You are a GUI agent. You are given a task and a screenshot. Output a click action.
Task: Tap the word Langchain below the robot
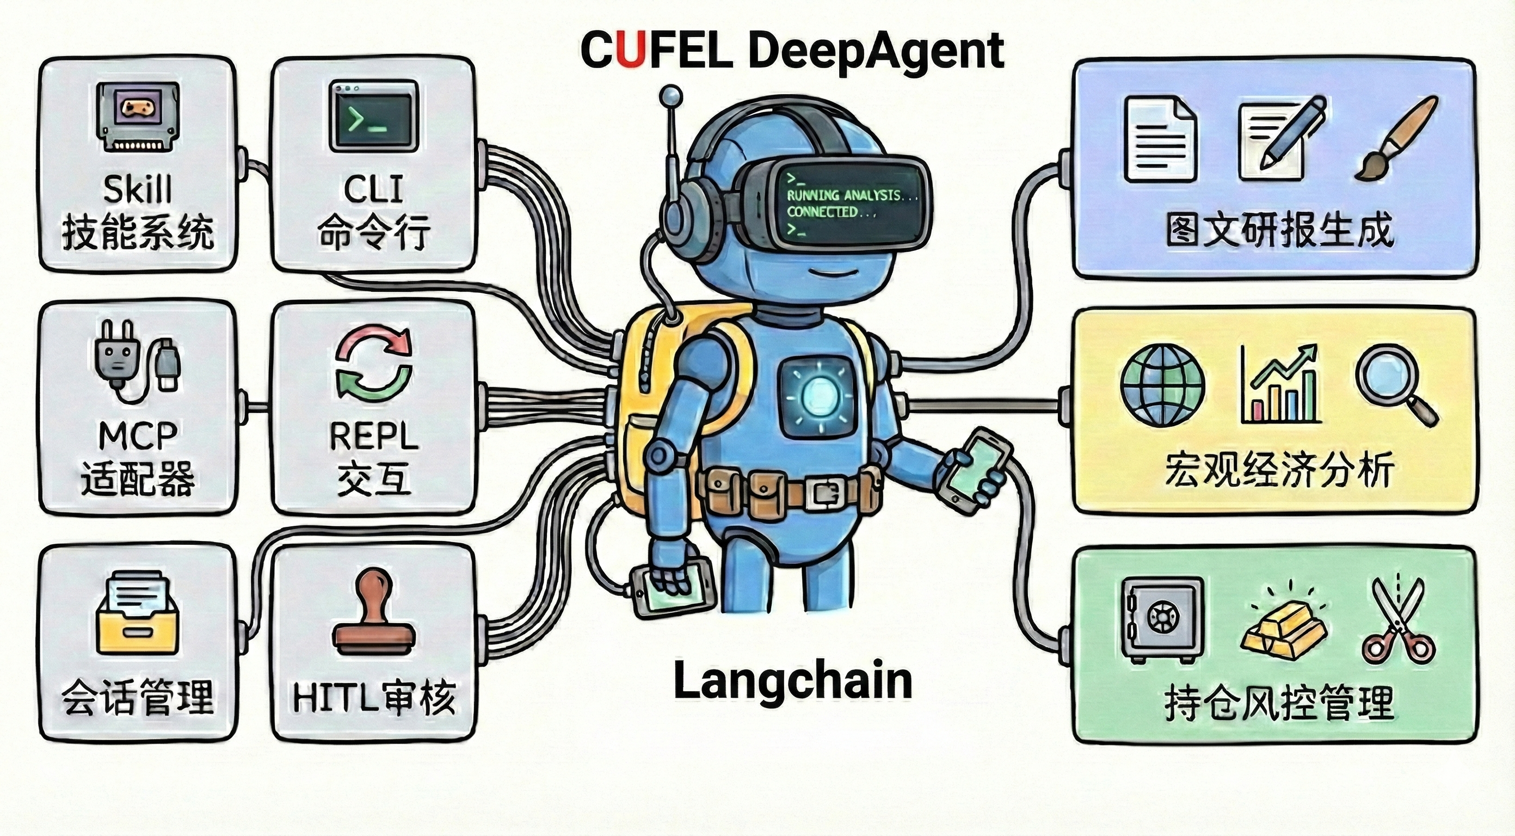792,681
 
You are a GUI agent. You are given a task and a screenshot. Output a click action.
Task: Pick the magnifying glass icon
1397,386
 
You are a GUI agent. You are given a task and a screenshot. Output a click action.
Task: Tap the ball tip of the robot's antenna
671,95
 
